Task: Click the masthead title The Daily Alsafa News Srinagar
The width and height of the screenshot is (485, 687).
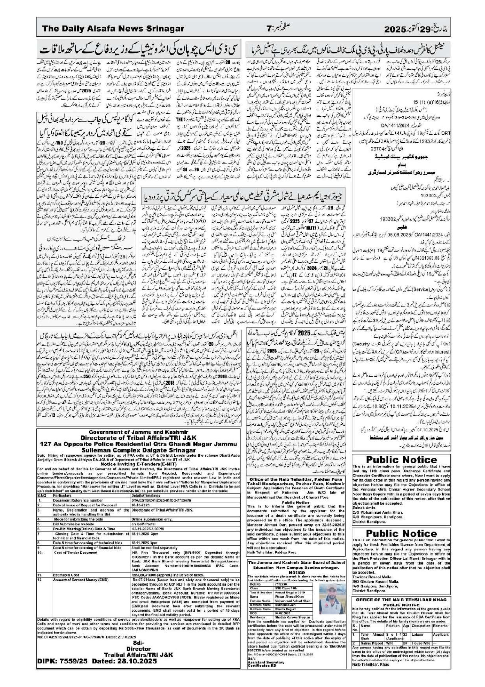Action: click(113, 29)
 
